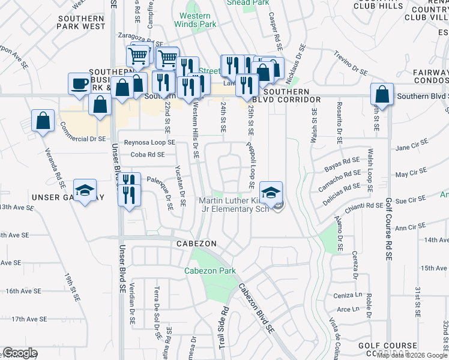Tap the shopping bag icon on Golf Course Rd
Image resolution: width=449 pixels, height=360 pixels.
(382, 94)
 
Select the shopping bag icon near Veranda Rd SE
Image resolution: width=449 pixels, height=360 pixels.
(44, 121)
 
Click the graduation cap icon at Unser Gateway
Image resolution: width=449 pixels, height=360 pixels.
(85, 191)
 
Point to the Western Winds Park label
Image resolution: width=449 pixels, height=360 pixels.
(192, 20)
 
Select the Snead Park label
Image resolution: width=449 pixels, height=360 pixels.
(247, 2)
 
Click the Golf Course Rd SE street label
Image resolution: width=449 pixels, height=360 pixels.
(389, 229)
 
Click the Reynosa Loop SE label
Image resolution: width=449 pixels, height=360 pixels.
(149, 142)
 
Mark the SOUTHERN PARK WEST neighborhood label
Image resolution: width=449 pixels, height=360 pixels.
(82, 23)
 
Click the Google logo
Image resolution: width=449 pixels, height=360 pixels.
(20, 353)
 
